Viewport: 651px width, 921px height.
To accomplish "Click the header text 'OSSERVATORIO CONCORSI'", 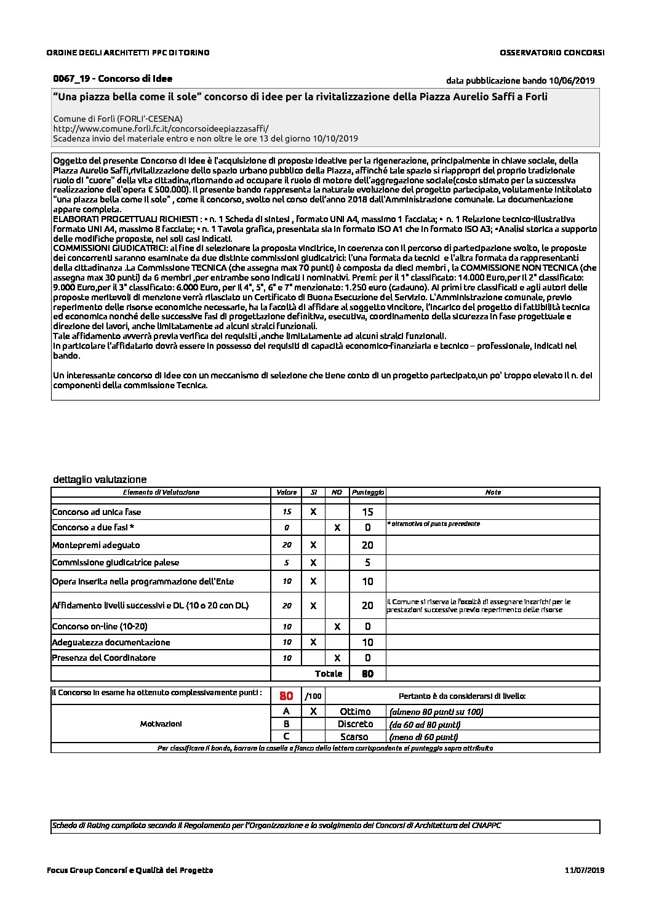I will [x=552, y=52].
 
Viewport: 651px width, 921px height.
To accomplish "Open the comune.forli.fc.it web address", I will [x=161, y=129].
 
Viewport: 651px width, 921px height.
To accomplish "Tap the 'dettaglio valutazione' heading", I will [x=100, y=479].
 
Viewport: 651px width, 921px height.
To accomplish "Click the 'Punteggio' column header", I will [x=367, y=492].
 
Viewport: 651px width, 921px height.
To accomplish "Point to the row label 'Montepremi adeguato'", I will [x=96, y=545].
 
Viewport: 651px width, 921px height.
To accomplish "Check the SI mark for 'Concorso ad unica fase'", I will [x=313, y=512].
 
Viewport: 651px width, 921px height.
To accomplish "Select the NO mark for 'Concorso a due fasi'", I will [x=337, y=527].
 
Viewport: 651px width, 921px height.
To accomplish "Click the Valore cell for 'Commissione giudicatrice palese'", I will [x=287, y=562].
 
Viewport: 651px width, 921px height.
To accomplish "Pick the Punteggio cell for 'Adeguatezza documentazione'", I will [x=367, y=642].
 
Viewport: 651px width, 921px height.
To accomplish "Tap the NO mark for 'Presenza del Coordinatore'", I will [x=337, y=658].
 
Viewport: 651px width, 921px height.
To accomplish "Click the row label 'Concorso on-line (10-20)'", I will [x=100, y=626].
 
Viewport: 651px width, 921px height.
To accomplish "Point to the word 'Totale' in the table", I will [x=329, y=674].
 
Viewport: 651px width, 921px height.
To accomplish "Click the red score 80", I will [x=286, y=696].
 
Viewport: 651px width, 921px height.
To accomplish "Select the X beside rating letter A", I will [x=313, y=711].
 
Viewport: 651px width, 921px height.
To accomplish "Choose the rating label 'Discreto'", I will [x=355, y=724].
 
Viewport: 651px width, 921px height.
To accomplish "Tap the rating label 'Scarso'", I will [x=354, y=736].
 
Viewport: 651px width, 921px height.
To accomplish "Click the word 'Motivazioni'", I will [x=161, y=724].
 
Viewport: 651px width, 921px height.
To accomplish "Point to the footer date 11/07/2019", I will [x=584, y=870].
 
